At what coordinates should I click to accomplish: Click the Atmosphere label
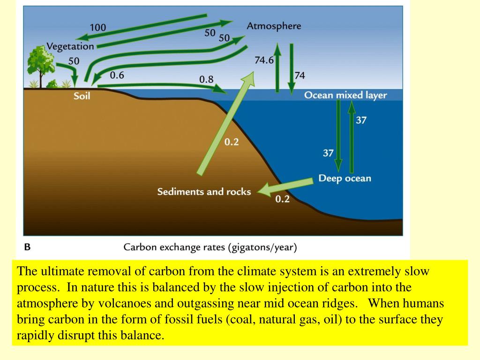pos(274,26)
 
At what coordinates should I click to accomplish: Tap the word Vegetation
pos(70,46)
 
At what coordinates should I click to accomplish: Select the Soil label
pos(82,96)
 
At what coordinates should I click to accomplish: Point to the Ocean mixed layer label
pos(345,95)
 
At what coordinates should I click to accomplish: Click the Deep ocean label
pos(345,178)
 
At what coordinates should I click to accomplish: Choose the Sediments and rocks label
pos(204,192)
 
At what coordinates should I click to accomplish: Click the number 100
pos(98,28)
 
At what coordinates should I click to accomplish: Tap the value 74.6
pos(264,60)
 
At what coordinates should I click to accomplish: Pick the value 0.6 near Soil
pos(117,75)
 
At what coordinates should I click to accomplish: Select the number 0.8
pos(206,79)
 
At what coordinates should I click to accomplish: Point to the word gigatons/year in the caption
pos(262,247)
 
